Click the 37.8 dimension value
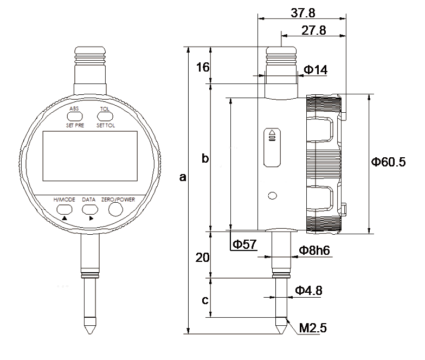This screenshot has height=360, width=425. pos(303,13)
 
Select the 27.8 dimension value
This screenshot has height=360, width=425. pos(313,30)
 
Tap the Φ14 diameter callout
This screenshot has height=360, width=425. pos(315,69)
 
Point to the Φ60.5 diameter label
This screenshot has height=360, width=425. pos(388,162)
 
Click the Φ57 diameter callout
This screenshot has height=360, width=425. pos(244,244)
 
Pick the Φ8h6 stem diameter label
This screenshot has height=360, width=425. pos(314,250)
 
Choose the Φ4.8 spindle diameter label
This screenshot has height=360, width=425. pos(308,291)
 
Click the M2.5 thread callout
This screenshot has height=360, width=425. pos(313,327)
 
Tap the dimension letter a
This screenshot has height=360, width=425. pos(183,177)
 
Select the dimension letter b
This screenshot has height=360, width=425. pos(205,158)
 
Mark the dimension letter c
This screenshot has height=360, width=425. pos(205,300)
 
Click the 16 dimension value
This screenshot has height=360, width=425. pos(203,67)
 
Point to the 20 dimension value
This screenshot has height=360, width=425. pos(203,257)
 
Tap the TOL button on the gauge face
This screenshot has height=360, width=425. pos(105,117)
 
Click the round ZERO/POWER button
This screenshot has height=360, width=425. pos(116,209)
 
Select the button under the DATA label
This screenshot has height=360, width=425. pos(90,209)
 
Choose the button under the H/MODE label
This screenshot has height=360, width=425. pos(65,209)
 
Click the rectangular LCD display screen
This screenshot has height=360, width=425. pos(90,156)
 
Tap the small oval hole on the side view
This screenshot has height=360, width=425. pos(272,195)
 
